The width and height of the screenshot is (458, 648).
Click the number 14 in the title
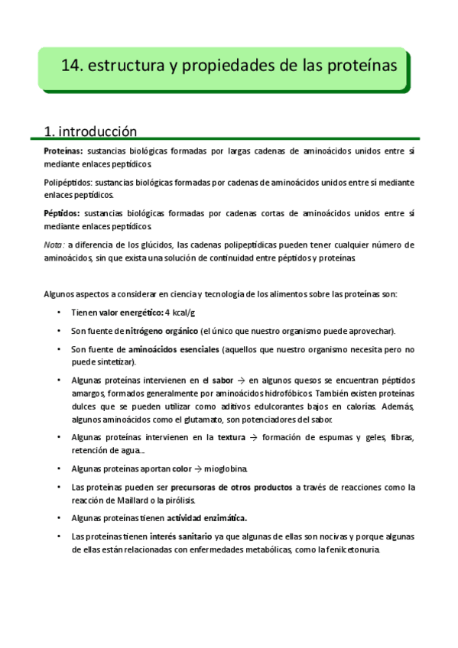[71, 66]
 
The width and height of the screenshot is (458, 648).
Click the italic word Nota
[54, 245]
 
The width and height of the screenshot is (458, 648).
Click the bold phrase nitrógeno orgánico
[157, 331]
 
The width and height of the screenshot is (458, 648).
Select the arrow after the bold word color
[198, 468]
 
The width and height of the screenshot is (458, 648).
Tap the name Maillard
[135, 500]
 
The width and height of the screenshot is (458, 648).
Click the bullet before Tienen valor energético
[60, 313]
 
